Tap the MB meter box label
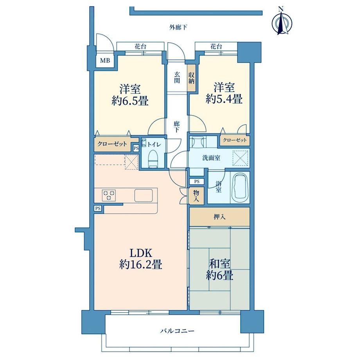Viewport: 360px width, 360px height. pos(105,61)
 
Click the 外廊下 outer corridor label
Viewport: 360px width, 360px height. pos(178,27)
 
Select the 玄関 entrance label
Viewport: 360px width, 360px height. pos(177,77)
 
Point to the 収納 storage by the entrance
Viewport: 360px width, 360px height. pos(191,77)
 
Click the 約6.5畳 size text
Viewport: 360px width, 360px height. pos(130,101)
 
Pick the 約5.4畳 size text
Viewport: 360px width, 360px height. pos(224,99)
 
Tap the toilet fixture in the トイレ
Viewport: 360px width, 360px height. pos(153,158)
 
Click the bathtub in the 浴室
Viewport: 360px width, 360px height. pos(239,187)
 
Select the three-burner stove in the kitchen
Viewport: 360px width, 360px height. pos(109,196)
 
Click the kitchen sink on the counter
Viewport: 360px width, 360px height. pos(144,195)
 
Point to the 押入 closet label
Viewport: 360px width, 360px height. pos(220,216)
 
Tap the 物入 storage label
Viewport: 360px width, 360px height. pos(196,196)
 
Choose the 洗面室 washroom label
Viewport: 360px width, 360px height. pos(211,158)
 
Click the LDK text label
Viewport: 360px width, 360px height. pos(141,253)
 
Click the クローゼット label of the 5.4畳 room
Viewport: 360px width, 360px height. pos(235,140)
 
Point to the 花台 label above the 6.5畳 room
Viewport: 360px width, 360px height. pos(140,47)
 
